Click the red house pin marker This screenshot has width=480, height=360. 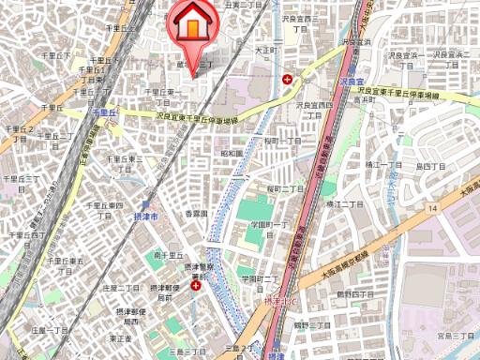[191, 25]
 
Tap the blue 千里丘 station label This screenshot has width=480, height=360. [103, 112]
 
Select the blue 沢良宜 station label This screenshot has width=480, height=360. [351, 82]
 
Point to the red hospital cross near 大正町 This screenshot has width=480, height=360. [287, 80]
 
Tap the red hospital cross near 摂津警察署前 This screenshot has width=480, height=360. [195, 286]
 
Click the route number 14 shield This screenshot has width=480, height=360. [431, 206]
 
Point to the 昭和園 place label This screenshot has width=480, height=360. [232, 153]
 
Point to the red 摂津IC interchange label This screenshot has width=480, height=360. [278, 303]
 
